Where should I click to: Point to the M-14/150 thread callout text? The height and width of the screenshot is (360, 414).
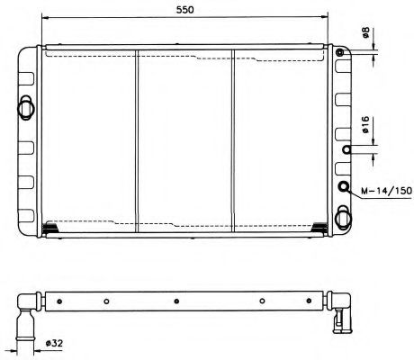[x=385, y=191]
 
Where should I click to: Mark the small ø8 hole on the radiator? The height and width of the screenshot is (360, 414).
[x=341, y=54]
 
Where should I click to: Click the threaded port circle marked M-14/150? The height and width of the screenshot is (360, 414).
[x=343, y=187]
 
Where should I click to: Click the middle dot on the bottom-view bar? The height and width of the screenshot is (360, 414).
[x=176, y=301]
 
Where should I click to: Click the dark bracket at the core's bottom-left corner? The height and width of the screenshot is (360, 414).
[x=51, y=228]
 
